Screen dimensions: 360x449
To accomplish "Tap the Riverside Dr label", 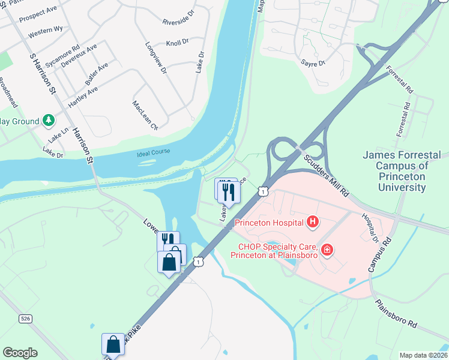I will [179, 18].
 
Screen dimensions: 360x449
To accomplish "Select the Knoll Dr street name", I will [177, 43].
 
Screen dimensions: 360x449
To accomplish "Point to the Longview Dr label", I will [155, 58].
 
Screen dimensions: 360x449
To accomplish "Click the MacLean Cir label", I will [144, 115].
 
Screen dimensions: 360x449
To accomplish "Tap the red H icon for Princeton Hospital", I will [312, 223].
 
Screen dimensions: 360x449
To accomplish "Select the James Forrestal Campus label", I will [402, 171].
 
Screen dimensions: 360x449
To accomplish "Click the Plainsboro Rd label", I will [396, 314].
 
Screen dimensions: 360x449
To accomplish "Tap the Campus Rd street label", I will [379, 253].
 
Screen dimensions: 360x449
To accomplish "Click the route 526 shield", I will [25, 318].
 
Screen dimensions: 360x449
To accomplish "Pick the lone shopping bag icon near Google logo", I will [113, 344].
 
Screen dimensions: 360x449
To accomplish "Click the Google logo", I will [20, 353].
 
